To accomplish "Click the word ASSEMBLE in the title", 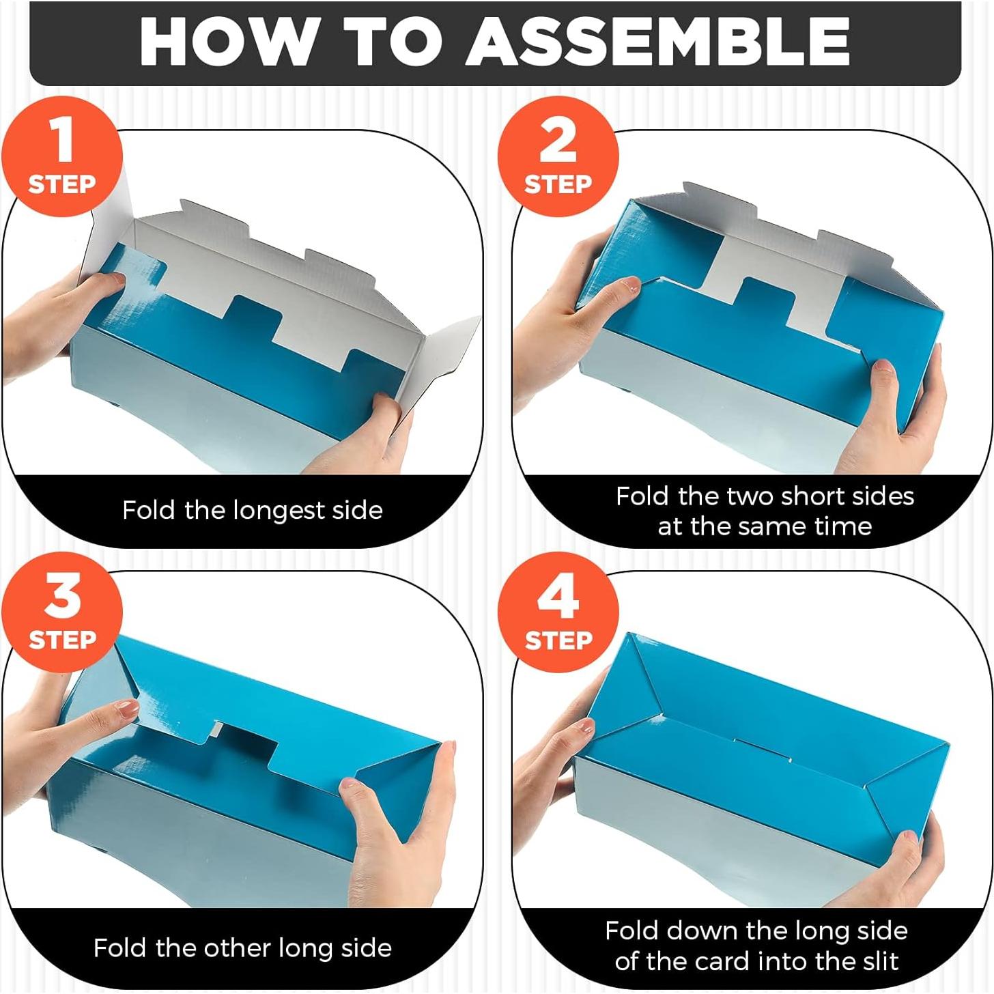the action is pyautogui.click(x=657, y=42).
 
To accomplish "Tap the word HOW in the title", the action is pyautogui.click(x=226, y=42).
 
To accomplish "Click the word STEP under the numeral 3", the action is pyautogui.click(x=62, y=640).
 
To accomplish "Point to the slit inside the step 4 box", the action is pyautogui.click(x=761, y=750).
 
